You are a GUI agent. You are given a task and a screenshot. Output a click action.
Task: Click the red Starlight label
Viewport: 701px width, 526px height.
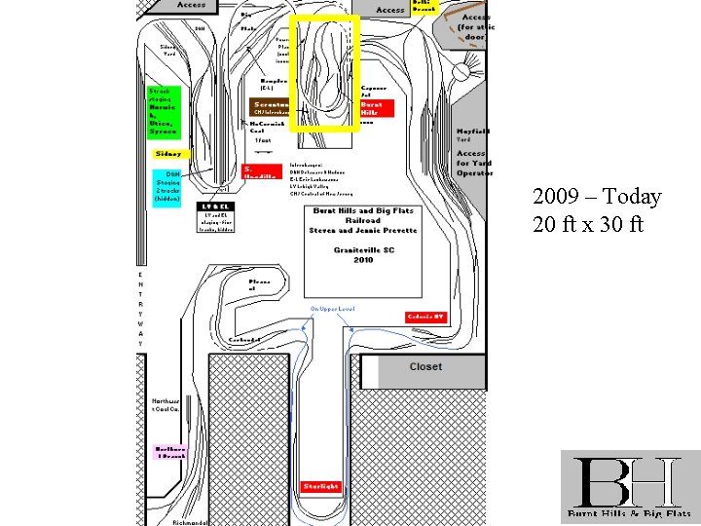tap(320, 484)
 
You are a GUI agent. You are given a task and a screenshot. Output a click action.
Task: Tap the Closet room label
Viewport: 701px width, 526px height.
tap(424, 367)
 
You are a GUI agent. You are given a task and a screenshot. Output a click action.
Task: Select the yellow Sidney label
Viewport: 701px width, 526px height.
tap(167, 154)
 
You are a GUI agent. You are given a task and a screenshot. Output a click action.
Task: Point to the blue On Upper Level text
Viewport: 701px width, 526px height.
tap(333, 309)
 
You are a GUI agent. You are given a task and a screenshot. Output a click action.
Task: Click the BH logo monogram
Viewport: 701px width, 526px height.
tap(624, 481)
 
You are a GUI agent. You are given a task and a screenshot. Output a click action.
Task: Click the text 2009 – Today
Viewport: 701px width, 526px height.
tap(597, 198)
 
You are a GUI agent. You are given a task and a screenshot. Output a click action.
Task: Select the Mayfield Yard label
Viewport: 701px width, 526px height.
tap(472, 135)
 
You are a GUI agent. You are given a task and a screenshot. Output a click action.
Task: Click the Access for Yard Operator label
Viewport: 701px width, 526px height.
tap(474, 164)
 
